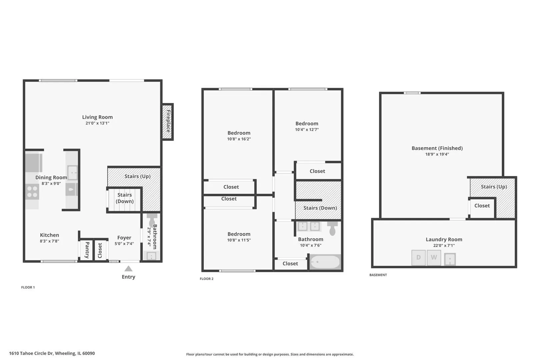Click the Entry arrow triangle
[128, 269]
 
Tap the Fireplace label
[168, 121]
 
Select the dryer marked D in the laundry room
[418, 258]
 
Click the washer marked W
[434, 258]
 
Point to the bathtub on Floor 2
[325, 262]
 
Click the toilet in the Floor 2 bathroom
[332, 228]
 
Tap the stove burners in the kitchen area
[32, 192]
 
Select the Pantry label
[87, 250]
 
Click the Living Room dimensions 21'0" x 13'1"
[97, 123]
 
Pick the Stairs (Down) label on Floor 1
[125, 198]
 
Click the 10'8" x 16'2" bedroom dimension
[239, 139]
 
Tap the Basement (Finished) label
[437, 148]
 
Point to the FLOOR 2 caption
[207, 279]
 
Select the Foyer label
[124, 238]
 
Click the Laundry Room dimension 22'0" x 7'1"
[444, 245]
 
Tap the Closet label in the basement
[482, 206]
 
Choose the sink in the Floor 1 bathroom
[151, 256]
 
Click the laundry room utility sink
[450, 259]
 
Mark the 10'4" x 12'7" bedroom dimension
[307, 129]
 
